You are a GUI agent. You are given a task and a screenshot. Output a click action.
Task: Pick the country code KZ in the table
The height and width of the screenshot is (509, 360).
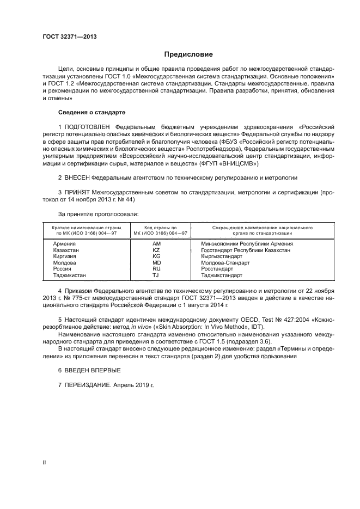pos(157,250)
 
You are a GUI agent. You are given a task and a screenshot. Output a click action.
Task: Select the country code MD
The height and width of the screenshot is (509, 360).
pos(157,262)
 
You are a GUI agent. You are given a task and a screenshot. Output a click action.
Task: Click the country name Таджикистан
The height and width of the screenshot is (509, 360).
pos(70,275)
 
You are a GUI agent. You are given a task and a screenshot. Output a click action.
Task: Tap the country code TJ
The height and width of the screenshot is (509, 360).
pos(157,275)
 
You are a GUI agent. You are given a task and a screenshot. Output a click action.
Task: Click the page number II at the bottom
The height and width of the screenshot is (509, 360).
pos(45,462)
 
